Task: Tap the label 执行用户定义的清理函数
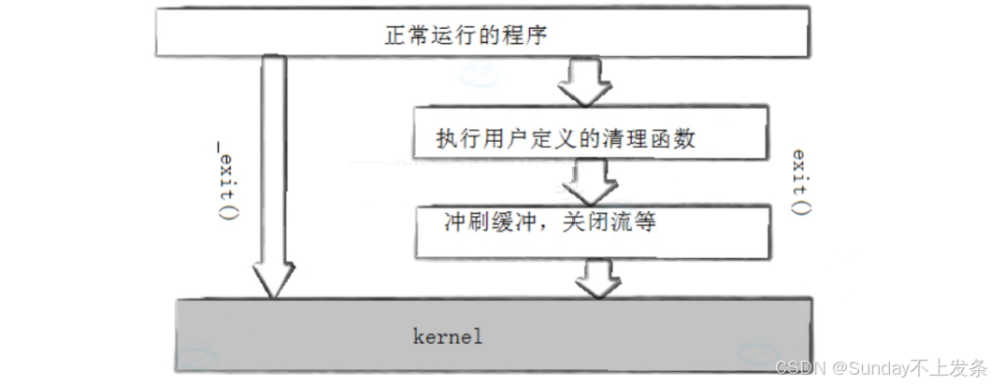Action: [566, 140]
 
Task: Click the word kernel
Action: [448, 336]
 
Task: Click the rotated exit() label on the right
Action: [799, 181]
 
